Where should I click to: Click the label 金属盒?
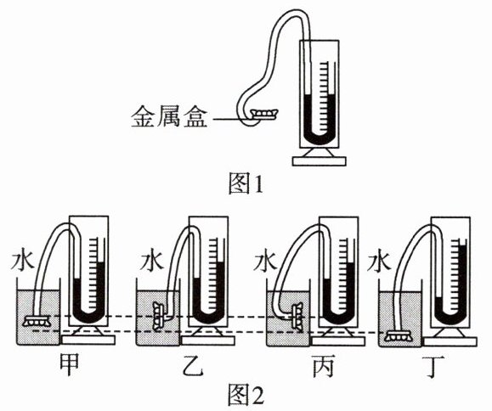tap(169, 117)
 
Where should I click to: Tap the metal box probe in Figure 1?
tap(265, 114)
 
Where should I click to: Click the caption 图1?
tap(246, 183)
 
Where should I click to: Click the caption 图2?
tap(246, 395)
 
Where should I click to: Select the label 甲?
tap(69, 366)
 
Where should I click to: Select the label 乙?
tap(193, 366)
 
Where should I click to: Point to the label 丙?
tap(323, 366)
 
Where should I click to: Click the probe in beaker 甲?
tap(37, 321)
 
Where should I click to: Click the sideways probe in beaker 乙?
tap(159, 315)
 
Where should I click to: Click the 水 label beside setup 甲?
tap(23, 260)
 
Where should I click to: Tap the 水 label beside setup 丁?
tap(380, 260)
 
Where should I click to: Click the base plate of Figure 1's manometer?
tap(320, 161)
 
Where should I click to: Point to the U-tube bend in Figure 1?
tap(320, 138)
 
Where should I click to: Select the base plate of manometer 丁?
tap(450, 341)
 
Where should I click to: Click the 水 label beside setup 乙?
tap(152, 260)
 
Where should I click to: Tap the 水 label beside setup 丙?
tap(265, 260)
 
